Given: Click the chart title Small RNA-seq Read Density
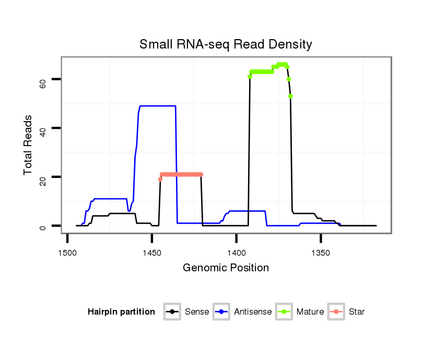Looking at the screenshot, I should [x=226, y=44].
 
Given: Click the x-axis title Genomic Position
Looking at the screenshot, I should [x=226, y=268].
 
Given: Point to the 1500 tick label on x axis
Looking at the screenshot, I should [x=67, y=253].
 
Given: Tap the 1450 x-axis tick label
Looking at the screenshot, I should [x=151, y=253].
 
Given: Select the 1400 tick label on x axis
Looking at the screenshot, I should [x=236, y=253].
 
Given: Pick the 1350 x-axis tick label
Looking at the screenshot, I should [x=321, y=253].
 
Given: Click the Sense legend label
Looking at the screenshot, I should [x=197, y=312].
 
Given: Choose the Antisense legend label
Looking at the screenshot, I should [x=253, y=312].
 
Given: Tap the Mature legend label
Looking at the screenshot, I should [x=310, y=312].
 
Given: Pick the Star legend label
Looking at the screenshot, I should [x=357, y=312].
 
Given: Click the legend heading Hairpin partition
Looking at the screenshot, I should [x=121, y=312].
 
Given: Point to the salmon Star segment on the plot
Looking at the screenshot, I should [x=181, y=174].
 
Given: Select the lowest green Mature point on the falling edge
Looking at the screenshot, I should [x=290, y=96].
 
